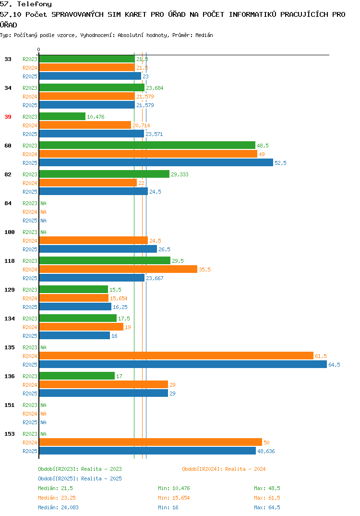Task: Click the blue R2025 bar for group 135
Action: (183, 364)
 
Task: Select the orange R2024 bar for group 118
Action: (119, 269)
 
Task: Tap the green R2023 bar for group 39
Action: (62, 116)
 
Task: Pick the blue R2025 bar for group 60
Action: (156, 162)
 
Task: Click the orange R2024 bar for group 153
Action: (151, 442)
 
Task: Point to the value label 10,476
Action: (96, 117)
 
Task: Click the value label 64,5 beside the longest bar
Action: (335, 365)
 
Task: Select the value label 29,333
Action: (180, 174)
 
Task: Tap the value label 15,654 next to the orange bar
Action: (119, 298)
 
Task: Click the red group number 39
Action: (8, 117)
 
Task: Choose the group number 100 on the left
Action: (10, 232)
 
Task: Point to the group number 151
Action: (10, 405)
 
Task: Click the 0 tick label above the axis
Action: (38, 49)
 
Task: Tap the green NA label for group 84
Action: (43, 203)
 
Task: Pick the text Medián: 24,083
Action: (58, 507)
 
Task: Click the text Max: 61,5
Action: (267, 498)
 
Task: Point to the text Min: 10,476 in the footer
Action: (174, 488)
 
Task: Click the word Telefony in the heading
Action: (35, 4)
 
